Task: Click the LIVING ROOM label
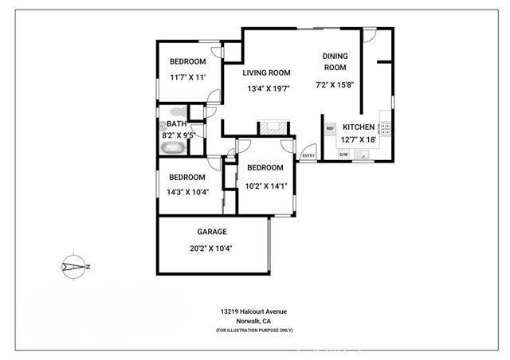[267, 72]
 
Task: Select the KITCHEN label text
[359, 127]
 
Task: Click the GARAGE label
[212, 232]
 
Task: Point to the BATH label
[176, 124]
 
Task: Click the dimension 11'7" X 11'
[188, 77]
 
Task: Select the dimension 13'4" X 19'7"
[268, 88]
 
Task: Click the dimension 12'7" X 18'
[359, 139]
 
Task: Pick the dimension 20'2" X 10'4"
[211, 248]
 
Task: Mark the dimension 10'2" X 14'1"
[265, 186]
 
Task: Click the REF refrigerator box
[330, 127]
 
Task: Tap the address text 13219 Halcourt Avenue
[254, 311]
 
